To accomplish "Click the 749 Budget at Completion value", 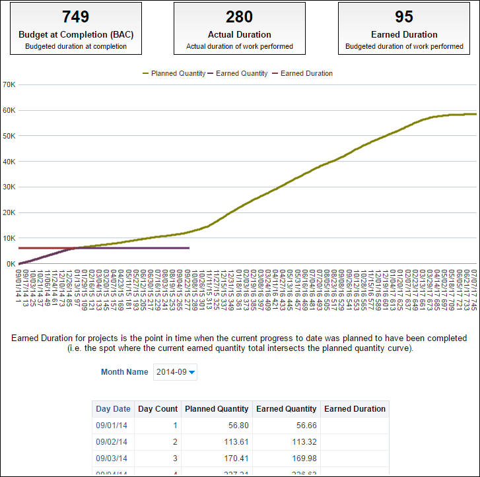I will coord(75,16).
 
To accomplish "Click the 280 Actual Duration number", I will coord(239,16).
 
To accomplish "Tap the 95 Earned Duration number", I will coord(403,16).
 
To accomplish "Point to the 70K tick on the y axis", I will coord(9,84).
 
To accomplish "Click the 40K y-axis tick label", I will coord(9,162).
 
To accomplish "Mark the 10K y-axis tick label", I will coord(9,238).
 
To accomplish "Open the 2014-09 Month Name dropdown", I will coord(175,372).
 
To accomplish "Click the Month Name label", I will coord(124,372).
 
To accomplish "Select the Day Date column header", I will coord(113,409).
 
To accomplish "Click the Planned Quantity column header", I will coord(217,409).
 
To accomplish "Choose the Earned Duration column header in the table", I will coord(355,409).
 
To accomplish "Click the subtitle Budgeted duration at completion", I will coord(75,47).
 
